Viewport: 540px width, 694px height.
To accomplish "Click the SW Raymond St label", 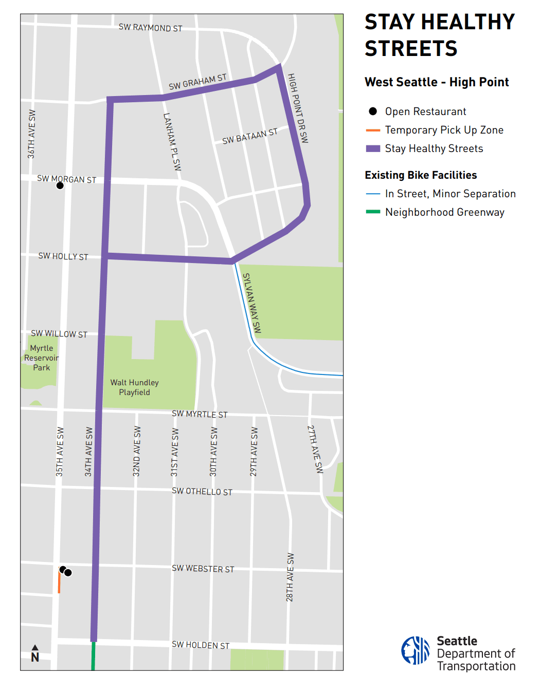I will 150,28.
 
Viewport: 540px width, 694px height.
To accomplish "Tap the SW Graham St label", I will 197,82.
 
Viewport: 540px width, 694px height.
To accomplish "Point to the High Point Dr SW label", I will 298,108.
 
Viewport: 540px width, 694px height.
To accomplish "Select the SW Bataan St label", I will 249,136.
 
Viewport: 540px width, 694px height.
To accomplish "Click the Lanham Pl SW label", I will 172,142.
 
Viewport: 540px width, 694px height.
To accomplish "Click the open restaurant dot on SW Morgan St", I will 60,185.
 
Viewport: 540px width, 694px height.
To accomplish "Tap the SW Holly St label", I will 63,256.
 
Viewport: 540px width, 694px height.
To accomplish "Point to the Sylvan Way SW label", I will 252,303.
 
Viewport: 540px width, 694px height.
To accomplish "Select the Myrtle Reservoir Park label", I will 41,358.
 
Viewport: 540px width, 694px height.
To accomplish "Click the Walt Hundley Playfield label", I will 134,387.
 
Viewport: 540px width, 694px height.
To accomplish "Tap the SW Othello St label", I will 202,492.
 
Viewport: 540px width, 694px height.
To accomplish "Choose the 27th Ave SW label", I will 315,449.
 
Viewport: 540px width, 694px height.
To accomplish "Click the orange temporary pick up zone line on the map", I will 59,583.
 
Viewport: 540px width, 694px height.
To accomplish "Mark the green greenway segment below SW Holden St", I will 93,656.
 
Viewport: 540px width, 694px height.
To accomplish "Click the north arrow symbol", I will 35,653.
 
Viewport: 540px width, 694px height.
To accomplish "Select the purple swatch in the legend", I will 373,148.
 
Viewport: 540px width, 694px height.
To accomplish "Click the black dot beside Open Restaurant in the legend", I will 373,111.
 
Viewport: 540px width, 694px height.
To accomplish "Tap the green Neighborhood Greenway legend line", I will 373,212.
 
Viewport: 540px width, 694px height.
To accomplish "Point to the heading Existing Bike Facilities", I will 421,175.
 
